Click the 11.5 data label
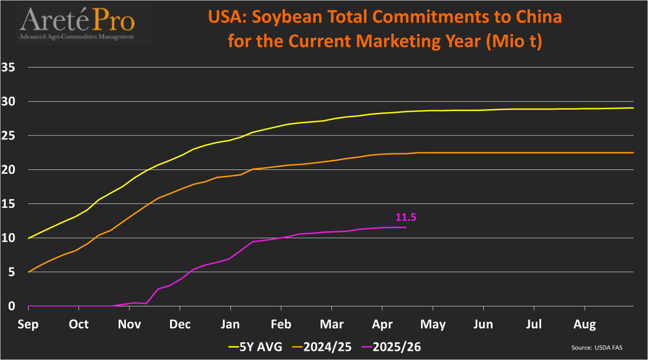pyautogui.click(x=406, y=218)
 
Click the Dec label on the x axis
pyautogui.click(x=180, y=324)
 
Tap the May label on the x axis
pyautogui.click(x=433, y=324)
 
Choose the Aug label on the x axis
pyautogui.click(x=585, y=324)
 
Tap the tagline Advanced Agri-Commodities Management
pyautogui.click(x=76, y=37)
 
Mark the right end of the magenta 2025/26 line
pyautogui.click(x=406, y=227)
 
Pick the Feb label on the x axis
pyautogui.click(x=281, y=324)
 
